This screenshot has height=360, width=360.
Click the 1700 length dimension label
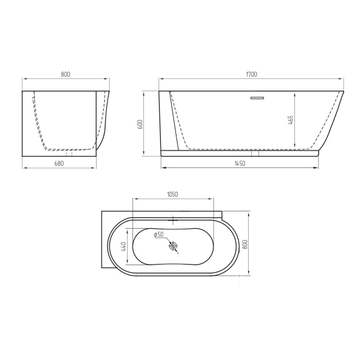252,75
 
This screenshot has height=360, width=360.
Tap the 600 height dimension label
140,124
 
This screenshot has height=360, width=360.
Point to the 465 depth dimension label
291,120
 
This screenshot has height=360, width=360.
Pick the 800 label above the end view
66,75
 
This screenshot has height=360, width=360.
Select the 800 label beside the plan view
244,244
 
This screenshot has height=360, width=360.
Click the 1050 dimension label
172,194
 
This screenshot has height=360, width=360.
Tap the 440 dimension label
123,246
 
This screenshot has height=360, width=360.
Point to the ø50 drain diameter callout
158,234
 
